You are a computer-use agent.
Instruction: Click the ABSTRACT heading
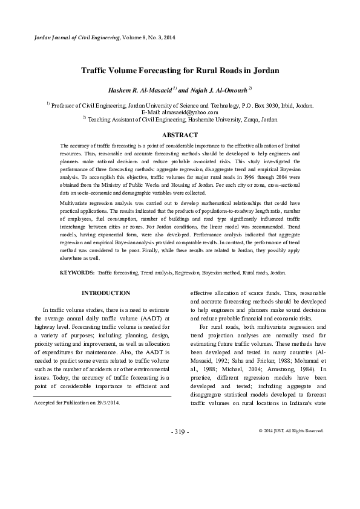180,135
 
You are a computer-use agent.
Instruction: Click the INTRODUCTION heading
106,293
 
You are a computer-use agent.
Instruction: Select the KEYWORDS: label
77,273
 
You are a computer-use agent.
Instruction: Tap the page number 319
180,432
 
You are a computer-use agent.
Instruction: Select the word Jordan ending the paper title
266,71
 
